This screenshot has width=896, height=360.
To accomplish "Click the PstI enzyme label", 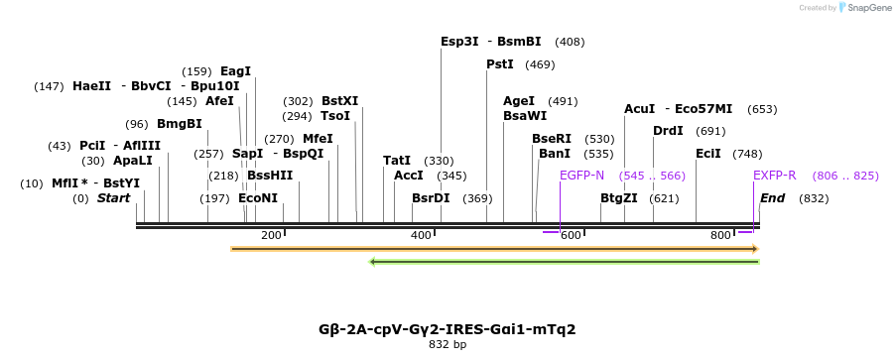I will [x=499, y=64].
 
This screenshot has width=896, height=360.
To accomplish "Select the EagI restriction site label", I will [x=235, y=71].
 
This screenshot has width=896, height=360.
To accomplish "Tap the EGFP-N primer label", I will [x=581, y=176].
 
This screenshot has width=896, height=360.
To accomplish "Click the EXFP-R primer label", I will [x=774, y=176].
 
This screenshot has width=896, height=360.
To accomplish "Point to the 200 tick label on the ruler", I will [x=271, y=235].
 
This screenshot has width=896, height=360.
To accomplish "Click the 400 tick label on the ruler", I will [x=421, y=235].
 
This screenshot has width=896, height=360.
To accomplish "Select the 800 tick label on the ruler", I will [x=721, y=235].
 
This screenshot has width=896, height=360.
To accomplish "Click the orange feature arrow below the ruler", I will [x=494, y=249].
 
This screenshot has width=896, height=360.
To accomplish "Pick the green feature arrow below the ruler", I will [x=564, y=262].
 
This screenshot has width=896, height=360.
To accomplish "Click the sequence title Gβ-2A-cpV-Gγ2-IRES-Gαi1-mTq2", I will [x=447, y=329].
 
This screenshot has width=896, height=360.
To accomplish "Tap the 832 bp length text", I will [x=447, y=345].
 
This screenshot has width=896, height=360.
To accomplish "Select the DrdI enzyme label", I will [x=668, y=131].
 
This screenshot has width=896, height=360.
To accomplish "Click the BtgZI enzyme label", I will [x=618, y=198].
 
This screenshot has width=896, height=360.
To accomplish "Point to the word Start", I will [x=113, y=198].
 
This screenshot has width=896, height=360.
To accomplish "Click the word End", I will [x=772, y=198].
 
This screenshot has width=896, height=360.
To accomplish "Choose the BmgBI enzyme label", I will [x=179, y=124].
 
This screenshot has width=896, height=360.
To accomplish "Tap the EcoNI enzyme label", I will [x=258, y=198].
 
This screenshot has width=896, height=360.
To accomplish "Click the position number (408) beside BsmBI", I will [x=570, y=42].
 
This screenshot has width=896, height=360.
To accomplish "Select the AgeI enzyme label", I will [x=519, y=101].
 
